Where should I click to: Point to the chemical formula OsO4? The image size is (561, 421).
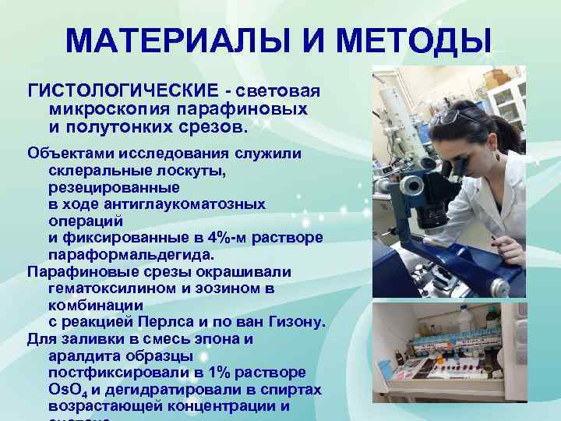[x=67, y=390]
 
